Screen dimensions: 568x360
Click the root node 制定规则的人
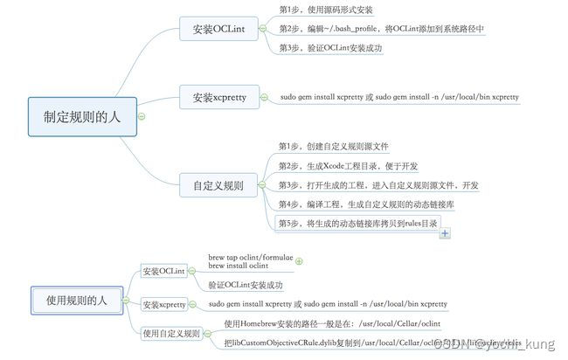coord(83,115)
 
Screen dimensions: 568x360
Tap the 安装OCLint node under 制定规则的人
coord(218,30)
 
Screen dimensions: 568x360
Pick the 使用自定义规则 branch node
coord(171,333)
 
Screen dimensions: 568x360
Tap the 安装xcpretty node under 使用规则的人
coord(164,304)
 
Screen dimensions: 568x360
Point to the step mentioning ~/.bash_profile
coord(382,29)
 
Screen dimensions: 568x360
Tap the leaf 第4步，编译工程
coord(366,204)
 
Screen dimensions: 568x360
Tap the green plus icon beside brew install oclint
coord(299,260)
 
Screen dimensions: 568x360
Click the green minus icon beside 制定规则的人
coord(142,116)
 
